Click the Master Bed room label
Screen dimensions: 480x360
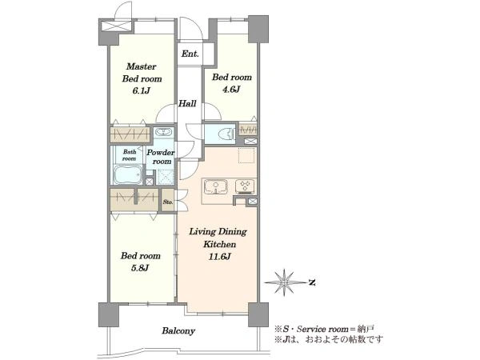tap(142, 73)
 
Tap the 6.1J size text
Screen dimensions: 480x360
tap(141, 90)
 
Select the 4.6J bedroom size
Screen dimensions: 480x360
tap(232, 89)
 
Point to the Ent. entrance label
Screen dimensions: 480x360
tap(190, 54)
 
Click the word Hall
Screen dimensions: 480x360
tap(187, 103)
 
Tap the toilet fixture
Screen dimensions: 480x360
tap(227, 134)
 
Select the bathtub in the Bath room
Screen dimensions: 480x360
tap(128, 174)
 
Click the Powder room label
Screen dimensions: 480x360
tap(161, 157)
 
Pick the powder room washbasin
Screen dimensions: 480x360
tap(164, 132)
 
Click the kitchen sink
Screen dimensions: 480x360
tap(216, 186)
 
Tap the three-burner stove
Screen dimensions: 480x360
tap(245, 186)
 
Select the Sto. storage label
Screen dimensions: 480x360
tap(168, 202)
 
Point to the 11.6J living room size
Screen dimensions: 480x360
tap(219, 256)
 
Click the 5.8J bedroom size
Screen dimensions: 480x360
tap(140, 268)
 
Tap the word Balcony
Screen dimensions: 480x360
tap(178, 331)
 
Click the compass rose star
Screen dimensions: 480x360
tap(285, 282)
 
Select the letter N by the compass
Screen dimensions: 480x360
tap(312, 282)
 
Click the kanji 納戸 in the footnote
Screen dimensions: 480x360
tap(366, 330)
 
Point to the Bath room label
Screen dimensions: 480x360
tap(129, 155)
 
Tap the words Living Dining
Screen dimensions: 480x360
tap(218, 232)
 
